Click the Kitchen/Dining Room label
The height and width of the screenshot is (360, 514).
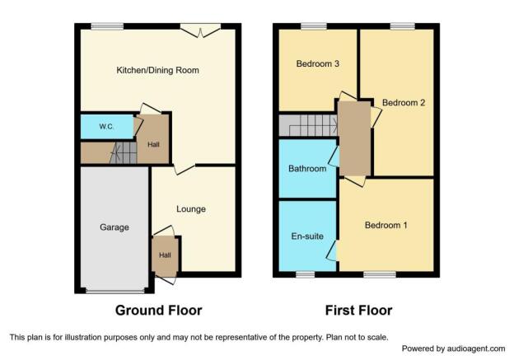157,70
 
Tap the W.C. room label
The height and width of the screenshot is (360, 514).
106,127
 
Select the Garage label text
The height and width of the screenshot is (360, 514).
114,227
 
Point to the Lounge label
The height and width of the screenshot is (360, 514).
191,209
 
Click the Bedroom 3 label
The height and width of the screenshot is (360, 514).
317,63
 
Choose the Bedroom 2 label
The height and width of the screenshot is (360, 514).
404,103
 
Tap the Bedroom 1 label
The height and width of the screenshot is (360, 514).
385,225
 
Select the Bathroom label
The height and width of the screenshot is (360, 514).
307,169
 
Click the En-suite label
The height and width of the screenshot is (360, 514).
307,236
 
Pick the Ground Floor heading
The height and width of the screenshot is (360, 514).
159,311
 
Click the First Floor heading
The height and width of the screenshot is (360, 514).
358,311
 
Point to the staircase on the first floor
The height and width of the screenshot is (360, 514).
308,125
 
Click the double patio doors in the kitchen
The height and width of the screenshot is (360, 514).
200,30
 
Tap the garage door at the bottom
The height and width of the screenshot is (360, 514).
115,291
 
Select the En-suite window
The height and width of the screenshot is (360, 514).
305,274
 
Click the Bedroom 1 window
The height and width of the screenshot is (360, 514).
380,274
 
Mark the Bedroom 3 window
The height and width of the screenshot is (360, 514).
314,26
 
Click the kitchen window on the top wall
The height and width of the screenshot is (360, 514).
107,26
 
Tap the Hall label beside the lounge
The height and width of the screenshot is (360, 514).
165,255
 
